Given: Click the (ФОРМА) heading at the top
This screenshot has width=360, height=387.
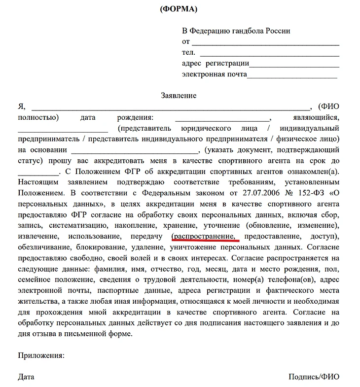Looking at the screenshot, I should click(179, 9).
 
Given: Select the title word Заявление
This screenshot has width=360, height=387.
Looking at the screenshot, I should click(179, 95).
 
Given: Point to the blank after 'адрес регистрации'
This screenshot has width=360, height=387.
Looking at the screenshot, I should click(294, 65).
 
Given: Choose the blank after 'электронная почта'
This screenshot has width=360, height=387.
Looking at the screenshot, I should click(292, 75).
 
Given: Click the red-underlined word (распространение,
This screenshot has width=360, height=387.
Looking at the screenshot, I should click(206, 236).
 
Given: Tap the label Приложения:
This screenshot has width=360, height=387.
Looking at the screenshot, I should click(41, 355).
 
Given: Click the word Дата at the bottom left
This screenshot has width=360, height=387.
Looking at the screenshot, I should click(26, 377).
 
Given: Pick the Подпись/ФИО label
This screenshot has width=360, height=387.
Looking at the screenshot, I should click(314, 377).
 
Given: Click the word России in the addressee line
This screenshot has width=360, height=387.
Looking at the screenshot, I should click(278, 31).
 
